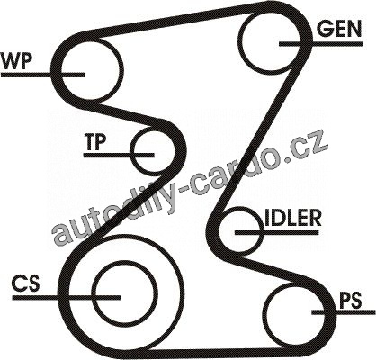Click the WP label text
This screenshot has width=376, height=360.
click(x=16, y=60)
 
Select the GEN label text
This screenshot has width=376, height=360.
click(x=339, y=29)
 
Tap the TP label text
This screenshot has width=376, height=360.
click(x=95, y=142)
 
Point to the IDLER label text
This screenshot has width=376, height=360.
click(x=293, y=218)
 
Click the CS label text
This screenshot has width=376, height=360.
click(x=25, y=283)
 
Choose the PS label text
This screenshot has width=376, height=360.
click(x=350, y=301)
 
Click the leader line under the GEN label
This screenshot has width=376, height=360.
click(x=321, y=44)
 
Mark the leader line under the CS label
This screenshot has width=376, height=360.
click(x=67, y=297)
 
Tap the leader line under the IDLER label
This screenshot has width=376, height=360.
click(x=276, y=232)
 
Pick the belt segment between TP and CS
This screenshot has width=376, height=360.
click(x=132, y=204)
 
